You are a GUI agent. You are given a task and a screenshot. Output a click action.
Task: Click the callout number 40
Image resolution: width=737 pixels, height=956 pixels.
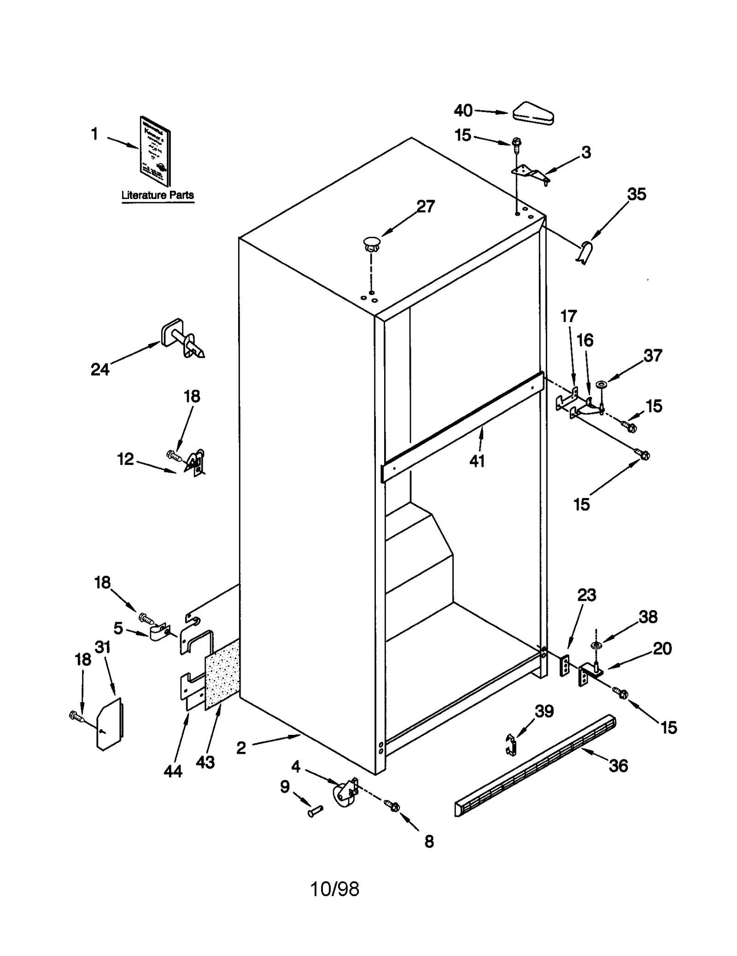pos(463,111)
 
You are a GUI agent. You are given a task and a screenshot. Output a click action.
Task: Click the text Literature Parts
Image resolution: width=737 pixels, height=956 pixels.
pos(158,195)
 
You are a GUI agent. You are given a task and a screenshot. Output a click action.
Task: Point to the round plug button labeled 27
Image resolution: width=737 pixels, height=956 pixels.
pos(372,242)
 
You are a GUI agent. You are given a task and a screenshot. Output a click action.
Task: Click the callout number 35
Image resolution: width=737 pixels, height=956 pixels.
pos(636,194)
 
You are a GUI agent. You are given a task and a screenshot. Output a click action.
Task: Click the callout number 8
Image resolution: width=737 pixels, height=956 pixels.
pos(428,842)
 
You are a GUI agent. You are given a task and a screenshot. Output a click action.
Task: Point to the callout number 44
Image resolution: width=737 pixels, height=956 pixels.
pos(173,771)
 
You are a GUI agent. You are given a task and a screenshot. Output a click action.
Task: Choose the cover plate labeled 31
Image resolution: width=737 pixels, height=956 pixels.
pos(110,724)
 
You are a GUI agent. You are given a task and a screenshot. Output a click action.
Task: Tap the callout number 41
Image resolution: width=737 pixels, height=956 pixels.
pos(477,460)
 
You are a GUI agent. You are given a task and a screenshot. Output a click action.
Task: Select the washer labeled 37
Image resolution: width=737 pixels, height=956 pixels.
pos(601,384)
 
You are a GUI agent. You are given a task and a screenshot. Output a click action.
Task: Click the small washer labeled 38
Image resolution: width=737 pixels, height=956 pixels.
pos(596,645)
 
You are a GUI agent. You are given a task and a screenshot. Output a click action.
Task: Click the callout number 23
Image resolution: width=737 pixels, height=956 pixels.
pos(586,595)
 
